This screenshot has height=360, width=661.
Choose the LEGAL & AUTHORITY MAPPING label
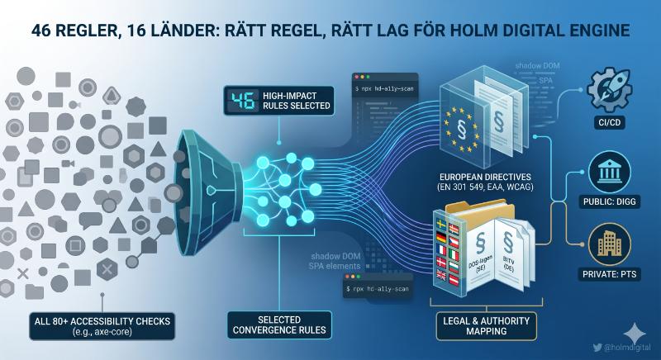485,324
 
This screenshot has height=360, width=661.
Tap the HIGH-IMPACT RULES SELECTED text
298,100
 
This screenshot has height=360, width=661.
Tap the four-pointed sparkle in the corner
637,333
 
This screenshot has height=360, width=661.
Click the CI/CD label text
612,126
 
